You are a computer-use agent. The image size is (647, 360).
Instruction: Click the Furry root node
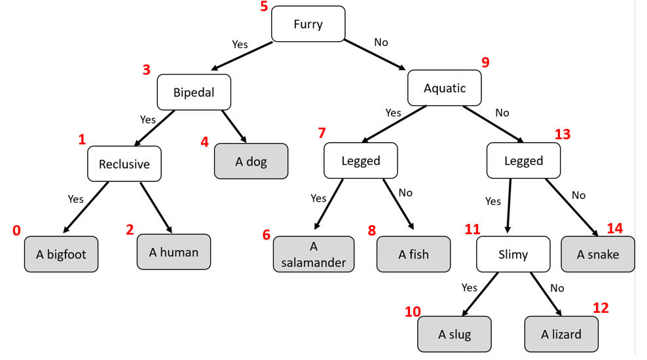(x=308, y=24)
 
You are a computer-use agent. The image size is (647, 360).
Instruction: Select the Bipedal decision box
(x=194, y=92)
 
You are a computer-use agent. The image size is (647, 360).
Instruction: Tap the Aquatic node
(x=445, y=88)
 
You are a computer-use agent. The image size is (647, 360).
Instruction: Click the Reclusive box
(x=124, y=164)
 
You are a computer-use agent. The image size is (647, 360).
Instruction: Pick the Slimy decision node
(x=513, y=254)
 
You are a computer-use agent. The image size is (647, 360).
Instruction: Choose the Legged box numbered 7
(x=361, y=160)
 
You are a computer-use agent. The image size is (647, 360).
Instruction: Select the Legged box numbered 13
(x=524, y=160)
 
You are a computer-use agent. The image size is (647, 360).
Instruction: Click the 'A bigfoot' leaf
(x=61, y=254)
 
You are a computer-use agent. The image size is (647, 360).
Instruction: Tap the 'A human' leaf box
(x=174, y=252)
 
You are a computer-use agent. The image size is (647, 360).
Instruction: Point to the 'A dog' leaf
(x=251, y=161)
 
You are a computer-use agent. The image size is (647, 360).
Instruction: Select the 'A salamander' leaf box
(x=314, y=254)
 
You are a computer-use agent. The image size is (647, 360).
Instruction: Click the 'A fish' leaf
(x=413, y=254)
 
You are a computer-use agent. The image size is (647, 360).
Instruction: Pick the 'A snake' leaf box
(x=598, y=254)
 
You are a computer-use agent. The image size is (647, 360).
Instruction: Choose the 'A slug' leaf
(x=454, y=334)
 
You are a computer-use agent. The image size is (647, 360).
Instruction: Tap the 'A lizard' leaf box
(x=561, y=334)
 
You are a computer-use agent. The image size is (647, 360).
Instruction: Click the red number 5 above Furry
(x=264, y=6)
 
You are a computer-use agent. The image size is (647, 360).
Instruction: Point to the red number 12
(x=601, y=308)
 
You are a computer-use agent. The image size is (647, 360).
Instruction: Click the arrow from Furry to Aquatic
(x=375, y=55)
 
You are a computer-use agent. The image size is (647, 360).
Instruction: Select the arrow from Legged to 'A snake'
(x=572, y=207)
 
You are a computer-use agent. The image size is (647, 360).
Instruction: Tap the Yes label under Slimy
(x=469, y=287)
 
